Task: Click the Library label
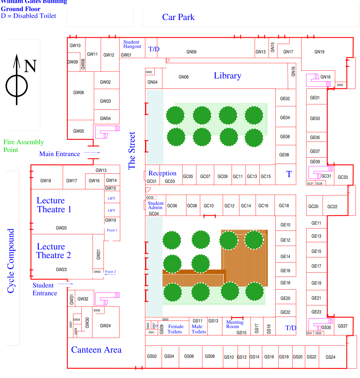point(227,76)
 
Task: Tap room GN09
point(191,52)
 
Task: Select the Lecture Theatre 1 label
point(54,205)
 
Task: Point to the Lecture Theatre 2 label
point(54,251)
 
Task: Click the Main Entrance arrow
point(92,153)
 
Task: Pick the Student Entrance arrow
point(68,284)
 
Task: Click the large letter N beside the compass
point(30,66)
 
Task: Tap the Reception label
point(162,173)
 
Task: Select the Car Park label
point(178,17)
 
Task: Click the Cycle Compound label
point(11,261)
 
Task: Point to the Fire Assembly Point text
point(23,146)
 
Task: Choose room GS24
point(330,357)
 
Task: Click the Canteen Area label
point(96,350)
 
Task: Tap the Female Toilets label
point(175,329)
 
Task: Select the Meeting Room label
point(235,324)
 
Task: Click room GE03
point(315,119)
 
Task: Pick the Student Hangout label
point(132,44)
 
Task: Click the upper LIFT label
point(111,199)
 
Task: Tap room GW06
point(78,93)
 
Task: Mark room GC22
point(332,206)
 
